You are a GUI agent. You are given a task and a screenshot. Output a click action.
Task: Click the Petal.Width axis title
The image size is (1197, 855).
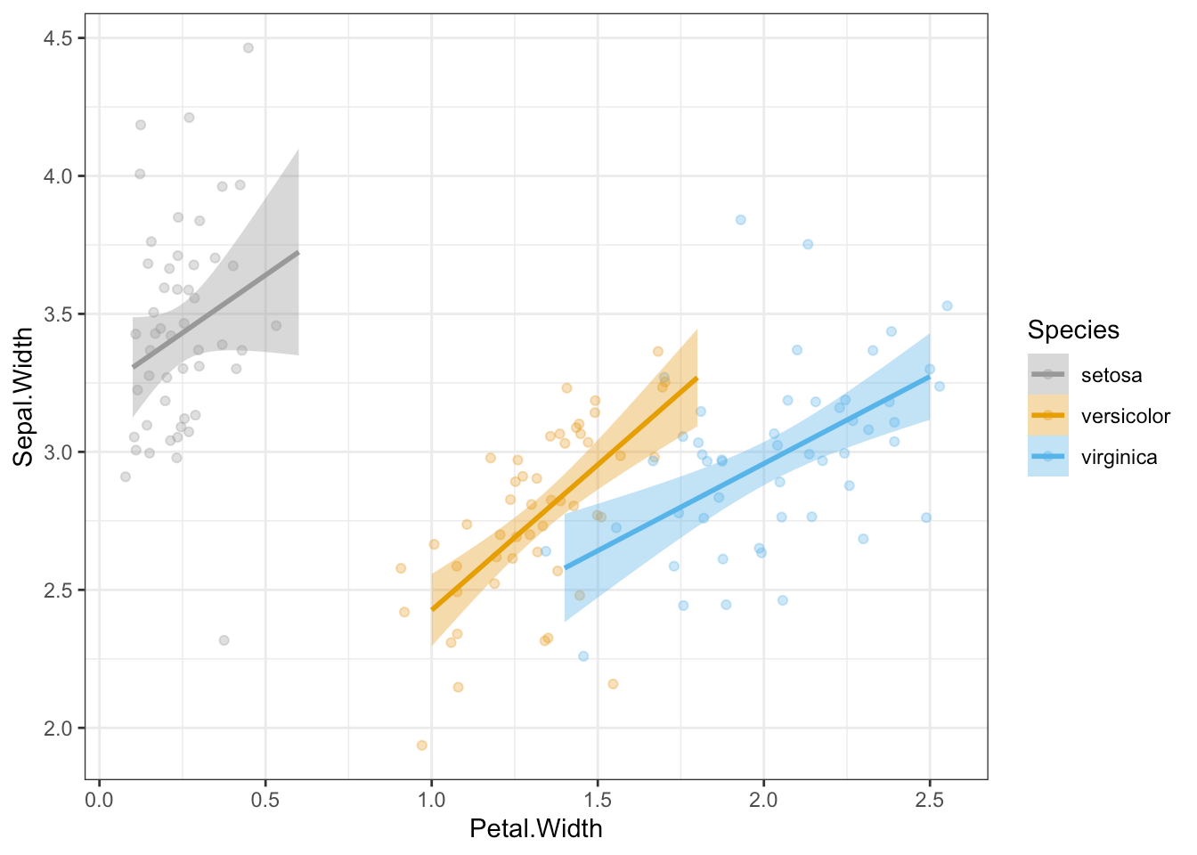coord(535,829)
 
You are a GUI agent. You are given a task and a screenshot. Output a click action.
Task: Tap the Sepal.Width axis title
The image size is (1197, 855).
coord(23,396)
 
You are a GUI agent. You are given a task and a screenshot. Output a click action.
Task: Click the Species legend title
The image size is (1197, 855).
coord(1072,330)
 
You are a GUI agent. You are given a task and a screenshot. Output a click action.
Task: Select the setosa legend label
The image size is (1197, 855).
coord(1111,375)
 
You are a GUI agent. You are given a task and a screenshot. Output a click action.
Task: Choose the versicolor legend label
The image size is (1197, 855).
coord(1125,416)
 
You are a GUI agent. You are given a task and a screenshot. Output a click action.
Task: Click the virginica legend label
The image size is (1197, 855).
coord(1119,457)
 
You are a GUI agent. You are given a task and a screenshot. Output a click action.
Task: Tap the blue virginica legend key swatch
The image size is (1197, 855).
coord(1047,456)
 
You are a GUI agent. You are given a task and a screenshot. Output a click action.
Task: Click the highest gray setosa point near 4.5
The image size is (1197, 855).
coord(248,48)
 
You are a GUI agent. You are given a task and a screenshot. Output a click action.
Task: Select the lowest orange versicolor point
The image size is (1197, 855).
coord(422,745)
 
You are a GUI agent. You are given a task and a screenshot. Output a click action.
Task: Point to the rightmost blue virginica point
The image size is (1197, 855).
coord(947,305)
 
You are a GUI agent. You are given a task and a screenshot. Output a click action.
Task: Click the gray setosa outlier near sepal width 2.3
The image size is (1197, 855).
coord(224,640)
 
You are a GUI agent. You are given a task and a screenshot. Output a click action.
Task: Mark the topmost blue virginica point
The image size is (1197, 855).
coord(740,220)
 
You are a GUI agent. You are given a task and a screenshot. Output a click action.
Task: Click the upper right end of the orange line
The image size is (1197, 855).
coord(696,379)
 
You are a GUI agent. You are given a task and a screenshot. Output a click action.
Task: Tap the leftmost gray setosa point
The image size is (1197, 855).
coord(126,476)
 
